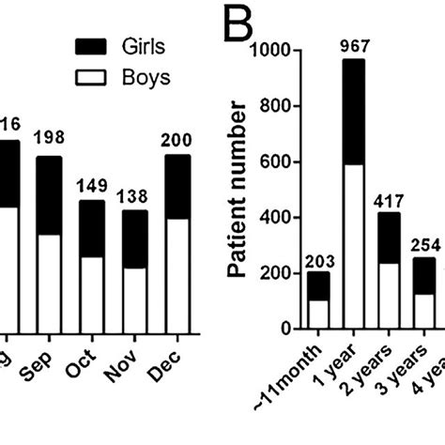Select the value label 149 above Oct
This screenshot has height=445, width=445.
pos(91,184)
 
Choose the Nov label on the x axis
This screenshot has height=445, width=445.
pos(131,362)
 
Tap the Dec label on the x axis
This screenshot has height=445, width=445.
pos(175,361)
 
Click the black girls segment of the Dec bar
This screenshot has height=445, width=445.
pos(177,186)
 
